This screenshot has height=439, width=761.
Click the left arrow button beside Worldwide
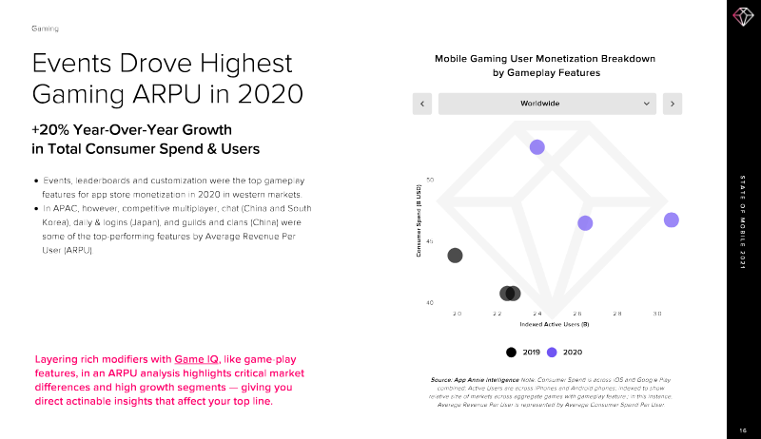pos(421,104)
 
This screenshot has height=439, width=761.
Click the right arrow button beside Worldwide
pos(672,104)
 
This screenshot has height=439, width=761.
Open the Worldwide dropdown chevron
pos(647,104)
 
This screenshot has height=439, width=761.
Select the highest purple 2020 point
pos(537,146)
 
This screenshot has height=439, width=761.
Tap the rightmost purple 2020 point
pos(671,219)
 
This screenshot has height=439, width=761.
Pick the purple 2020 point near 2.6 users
pos(585,222)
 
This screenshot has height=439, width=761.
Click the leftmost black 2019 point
pos(455,255)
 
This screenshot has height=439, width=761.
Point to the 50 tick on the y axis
pos(430,180)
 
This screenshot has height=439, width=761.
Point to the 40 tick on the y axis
pos(430,303)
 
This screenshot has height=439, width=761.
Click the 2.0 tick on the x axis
pos(457,313)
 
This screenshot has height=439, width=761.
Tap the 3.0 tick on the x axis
pos(656,313)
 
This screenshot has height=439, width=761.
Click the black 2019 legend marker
pos(512,352)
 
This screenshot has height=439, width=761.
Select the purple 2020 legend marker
pos(552,352)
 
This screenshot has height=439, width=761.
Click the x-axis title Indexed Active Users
pos(555,325)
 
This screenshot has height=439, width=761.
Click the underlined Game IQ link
pos(197,359)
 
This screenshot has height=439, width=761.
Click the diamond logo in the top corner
pos(742,17)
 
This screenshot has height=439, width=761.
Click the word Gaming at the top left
pos(45,29)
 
